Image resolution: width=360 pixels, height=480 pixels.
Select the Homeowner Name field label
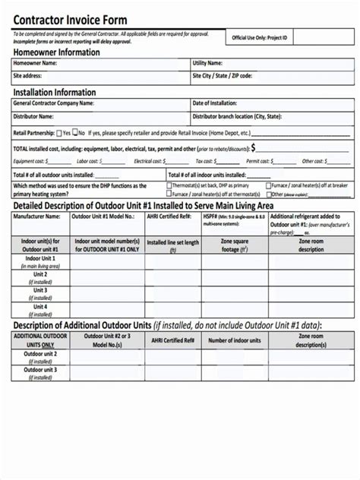35,64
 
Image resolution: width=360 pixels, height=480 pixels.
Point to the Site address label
28,76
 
